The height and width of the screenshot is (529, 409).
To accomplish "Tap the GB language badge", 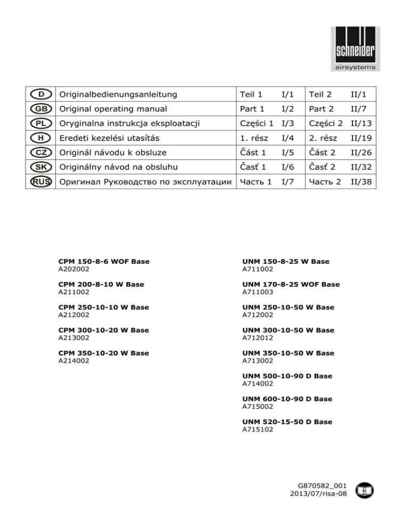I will (x=41, y=109).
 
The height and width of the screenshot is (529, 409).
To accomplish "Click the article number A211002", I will (x=74, y=292).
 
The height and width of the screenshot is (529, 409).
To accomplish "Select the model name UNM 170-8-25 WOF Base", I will (x=290, y=284).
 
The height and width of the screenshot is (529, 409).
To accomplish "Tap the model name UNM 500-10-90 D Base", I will (x=287, y=376).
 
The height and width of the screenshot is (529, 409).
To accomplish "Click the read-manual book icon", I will (x=365, y=489).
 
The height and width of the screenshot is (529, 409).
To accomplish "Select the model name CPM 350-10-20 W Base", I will (x=103, y=353).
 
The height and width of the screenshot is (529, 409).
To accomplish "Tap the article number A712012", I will (x=258, y=337).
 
